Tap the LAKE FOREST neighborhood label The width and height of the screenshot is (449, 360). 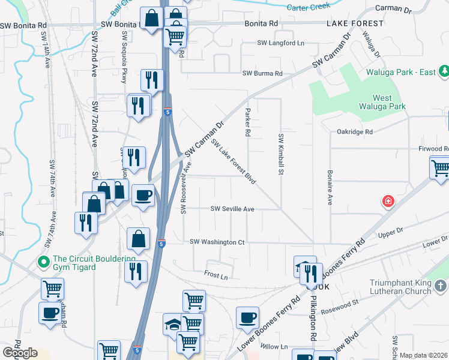click(x=355, y=23)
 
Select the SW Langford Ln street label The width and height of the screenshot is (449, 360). click(x=281, y=43)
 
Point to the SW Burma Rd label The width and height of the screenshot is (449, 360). click(x=262, y=73)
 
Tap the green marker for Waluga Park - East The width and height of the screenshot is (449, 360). click(x=443, y=72)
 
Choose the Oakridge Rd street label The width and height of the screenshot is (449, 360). click(x=355, y=131)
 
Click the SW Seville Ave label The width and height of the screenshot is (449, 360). click(x=232, y=209)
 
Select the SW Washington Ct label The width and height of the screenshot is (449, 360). click(x=217, y=242)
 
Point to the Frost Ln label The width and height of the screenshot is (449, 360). click(x=215, y=277)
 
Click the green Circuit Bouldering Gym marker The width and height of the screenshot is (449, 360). click(x=42, y=262)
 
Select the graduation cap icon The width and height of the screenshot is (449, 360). click(x=173, y=325)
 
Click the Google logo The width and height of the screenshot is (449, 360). click(x=19, y=353)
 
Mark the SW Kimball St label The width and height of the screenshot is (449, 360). click(x=280, y=155)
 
